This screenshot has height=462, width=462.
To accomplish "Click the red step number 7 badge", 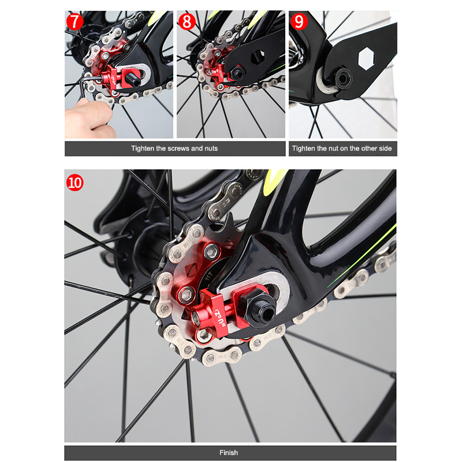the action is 75,21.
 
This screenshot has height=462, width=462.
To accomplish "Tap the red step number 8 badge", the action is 187,21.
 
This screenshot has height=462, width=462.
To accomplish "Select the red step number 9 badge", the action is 299,21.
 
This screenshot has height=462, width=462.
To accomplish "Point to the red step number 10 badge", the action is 75,182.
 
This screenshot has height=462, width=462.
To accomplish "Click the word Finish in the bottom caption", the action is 229,453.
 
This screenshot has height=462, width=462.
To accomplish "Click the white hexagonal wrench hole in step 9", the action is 366,58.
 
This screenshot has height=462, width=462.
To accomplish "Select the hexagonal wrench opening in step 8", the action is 258,57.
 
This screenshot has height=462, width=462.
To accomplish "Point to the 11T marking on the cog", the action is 209,277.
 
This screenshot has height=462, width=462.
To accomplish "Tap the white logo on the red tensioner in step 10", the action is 220,318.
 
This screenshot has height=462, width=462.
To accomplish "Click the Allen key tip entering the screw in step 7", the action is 102,76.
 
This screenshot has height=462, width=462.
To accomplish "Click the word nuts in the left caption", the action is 211,148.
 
